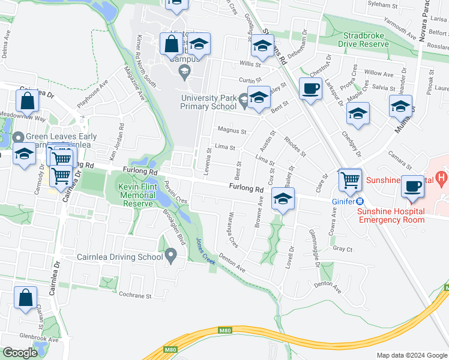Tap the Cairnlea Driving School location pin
pyautogui.click(x=171, y=258)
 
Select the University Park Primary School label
pyautogui.click(x=208, y=103)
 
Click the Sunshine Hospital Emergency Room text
pyautogui.click(x=391, y=215)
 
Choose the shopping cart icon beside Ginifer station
pyautogui.click(x=350, y=179)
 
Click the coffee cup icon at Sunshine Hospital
pyautogui.click(x=412, y=187)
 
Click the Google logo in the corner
pyautogui.click(x=20, y=353)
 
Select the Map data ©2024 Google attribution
pyautogui.click(x=411, y=355)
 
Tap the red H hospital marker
pyautogui.click(x=442, y=178)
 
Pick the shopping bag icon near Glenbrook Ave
pyautogui.click(x=26, y=298)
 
